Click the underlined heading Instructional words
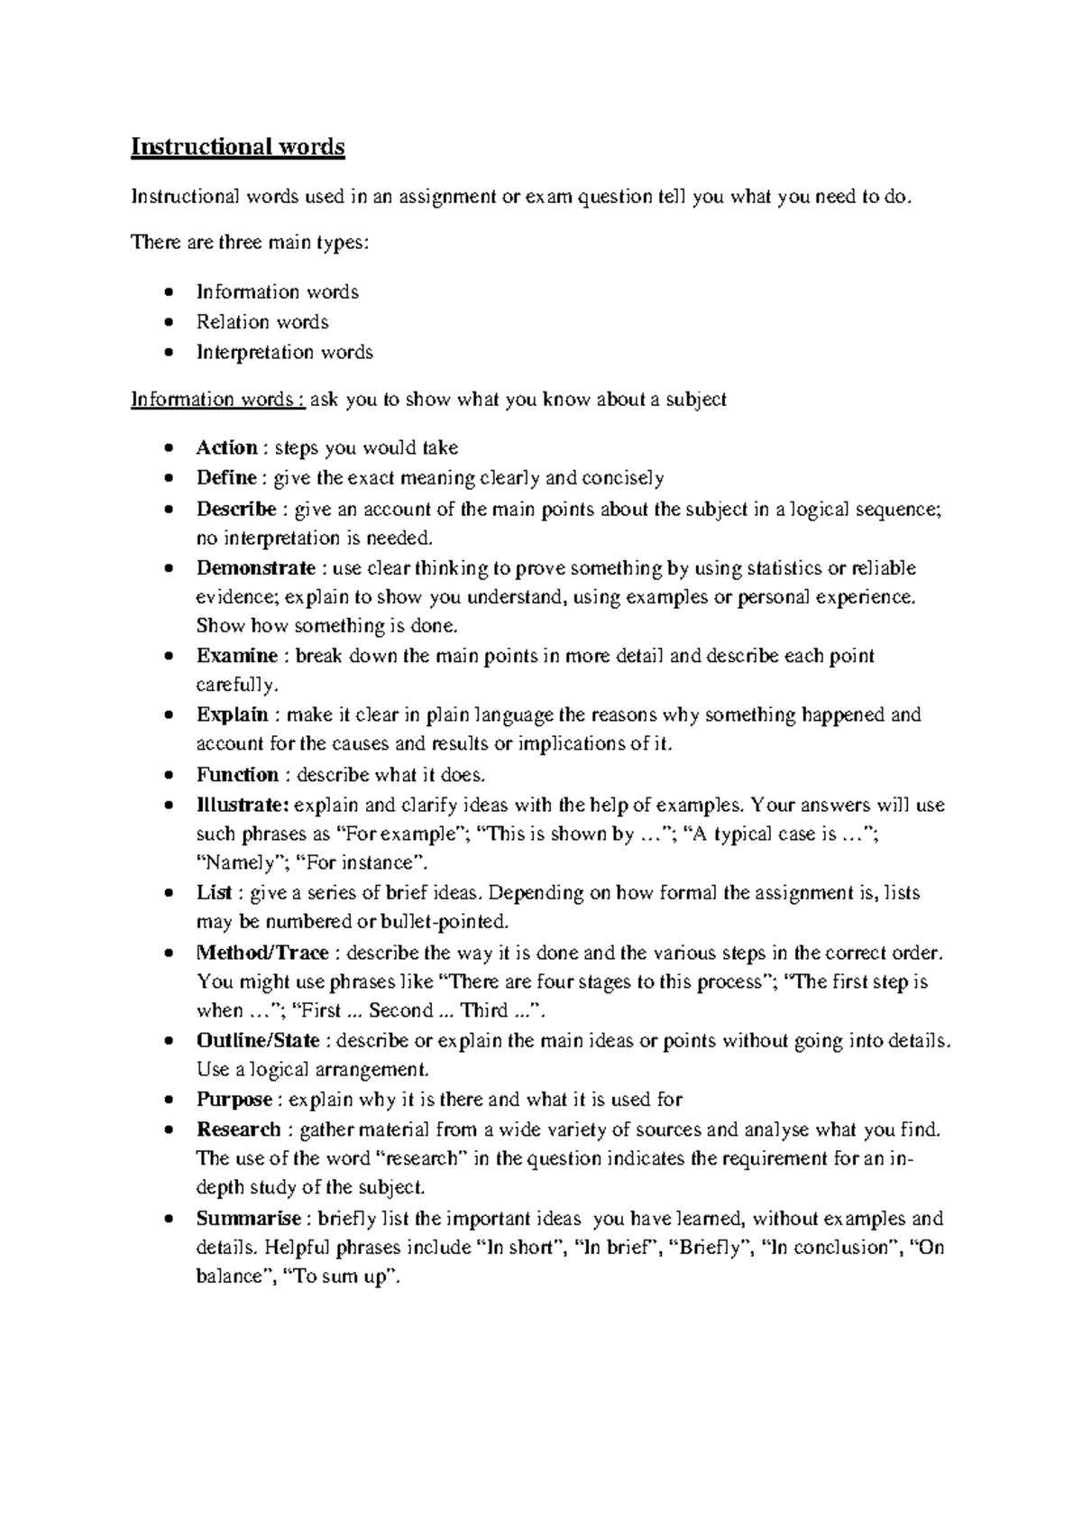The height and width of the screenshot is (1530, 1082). coord(238,147)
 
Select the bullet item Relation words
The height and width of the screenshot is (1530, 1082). coord(262,322)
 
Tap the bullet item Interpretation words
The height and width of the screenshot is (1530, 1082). coord(285,353)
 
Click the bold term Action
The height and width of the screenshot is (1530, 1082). coord(227,447)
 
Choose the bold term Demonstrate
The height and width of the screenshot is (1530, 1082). coord(256,568)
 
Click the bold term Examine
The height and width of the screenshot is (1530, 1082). coord(237,656)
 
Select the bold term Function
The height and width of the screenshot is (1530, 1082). coord(237,775)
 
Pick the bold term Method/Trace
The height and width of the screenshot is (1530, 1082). coord(262,953)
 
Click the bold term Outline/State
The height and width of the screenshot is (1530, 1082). coord(258,1040)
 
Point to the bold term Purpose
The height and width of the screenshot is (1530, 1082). coord(234,1100)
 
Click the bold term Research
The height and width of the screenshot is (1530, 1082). coord(239,1129)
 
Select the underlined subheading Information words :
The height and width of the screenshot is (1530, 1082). coord(217,400)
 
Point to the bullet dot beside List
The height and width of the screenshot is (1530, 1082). coord(170,894)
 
